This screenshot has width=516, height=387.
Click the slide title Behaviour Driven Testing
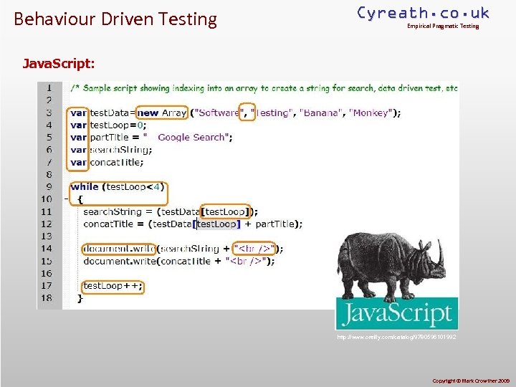115,19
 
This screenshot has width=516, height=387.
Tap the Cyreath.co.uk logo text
423,13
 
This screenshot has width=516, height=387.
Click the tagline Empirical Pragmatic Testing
442,27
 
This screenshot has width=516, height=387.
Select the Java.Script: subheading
58,63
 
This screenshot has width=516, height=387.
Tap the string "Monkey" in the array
370,113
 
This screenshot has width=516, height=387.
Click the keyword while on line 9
85,186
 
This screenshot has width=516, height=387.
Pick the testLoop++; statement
113,285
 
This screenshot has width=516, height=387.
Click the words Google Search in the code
191,137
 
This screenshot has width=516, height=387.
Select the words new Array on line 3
161,113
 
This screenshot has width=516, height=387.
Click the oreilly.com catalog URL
396,336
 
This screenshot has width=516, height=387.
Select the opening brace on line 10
80,199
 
